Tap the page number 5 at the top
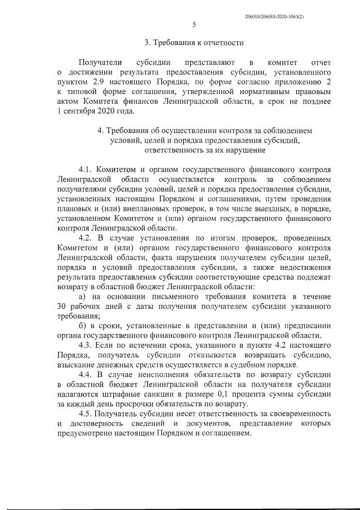click(194, 24)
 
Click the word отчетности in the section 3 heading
click(221, 43)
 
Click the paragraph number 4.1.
click(85, 169)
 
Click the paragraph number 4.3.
click(85, 345)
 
